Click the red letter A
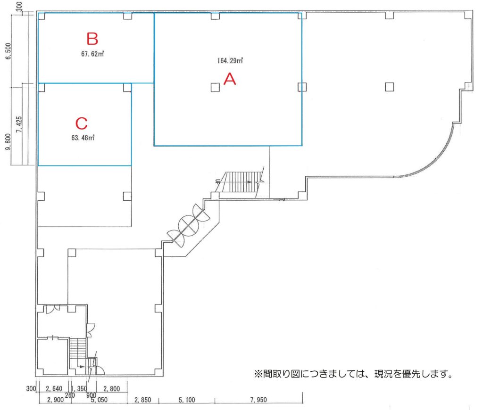230,79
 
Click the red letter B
92,39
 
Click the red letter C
82,123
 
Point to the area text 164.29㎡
230,61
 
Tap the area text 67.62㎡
92,54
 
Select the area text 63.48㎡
83,138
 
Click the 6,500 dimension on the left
8,51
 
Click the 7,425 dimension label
19,124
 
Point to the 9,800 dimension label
8,142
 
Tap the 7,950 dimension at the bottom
258,400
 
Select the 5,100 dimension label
187,400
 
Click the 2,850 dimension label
142,400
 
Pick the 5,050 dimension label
99,400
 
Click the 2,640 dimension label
54,388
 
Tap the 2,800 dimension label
111,388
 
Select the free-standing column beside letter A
215,87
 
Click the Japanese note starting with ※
354,374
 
